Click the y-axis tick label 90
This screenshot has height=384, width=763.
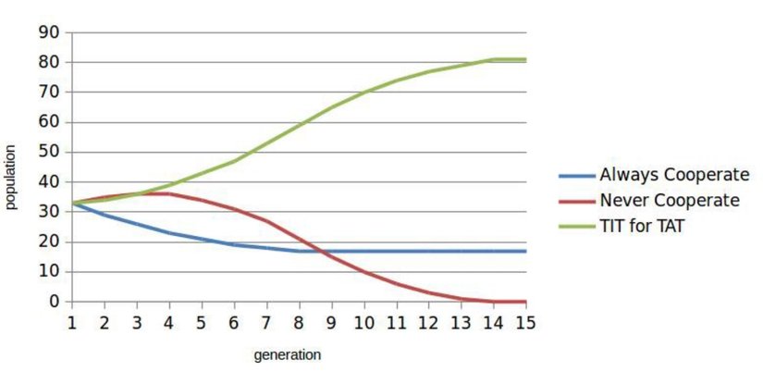click(48, 32)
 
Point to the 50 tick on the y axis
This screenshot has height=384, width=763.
click(48, 152)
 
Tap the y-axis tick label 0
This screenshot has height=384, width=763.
click(53, 302)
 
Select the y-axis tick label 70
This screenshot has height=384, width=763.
click(48, 93)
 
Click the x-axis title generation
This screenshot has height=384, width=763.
click(287, 354)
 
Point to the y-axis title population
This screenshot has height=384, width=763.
click(11, 176)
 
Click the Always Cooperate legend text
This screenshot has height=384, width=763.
click(668, 175)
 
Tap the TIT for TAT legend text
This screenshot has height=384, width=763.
click(642, 225)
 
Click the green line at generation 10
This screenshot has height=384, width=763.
click(364, 93)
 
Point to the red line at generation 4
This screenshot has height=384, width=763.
click(169, 193)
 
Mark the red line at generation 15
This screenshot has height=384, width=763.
click(525, 301)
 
